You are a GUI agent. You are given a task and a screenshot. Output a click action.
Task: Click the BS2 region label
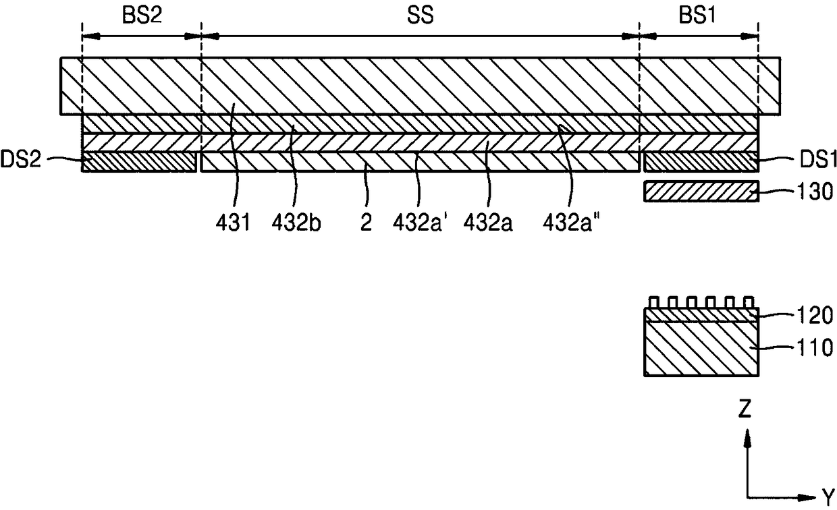click(x=142, y=16)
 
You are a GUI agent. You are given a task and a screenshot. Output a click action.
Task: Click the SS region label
click(x=421, y=16)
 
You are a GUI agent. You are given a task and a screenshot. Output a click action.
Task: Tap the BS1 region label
click(x=697, y=16)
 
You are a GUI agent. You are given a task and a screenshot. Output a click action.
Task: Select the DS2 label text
click(x=20, y=159)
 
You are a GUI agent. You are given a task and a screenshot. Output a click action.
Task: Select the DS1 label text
click(x=818, y=160)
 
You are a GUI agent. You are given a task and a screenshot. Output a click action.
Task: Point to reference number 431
click(x=232, y=223)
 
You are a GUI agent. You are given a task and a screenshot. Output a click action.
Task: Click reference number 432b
click(x=296, y=223)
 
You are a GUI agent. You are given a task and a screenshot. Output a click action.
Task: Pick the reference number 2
click(x=366, y=223)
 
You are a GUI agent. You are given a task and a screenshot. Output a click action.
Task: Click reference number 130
click(x=815, y=192)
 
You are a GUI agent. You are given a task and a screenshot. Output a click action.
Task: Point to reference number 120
click(x=815, y=316)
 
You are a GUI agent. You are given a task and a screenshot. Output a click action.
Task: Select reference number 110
click(x=815, y=348)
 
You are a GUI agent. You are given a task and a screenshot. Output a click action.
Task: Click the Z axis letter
click(x=745, y=408)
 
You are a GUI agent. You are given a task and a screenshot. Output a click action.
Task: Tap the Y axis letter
click(x=829, y=497)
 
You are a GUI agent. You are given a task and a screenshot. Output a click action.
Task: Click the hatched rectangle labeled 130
click(x=701, y=191)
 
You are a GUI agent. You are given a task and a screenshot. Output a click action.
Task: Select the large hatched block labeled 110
click(x=701, y=349)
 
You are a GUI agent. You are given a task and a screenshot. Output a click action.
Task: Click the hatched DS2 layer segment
click(x=139, y=162)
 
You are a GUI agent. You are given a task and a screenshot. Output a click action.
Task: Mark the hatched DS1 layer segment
click(x=701, y=162)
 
